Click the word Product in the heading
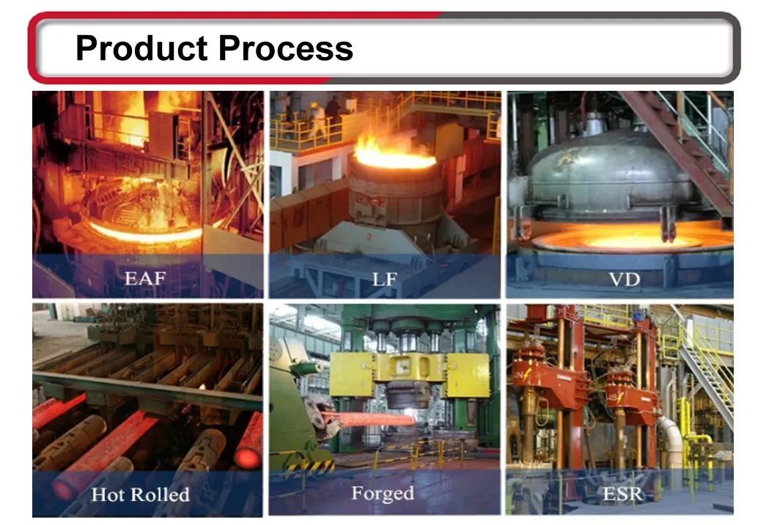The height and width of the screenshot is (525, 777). (x=141, y=48)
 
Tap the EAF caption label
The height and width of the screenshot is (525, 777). (x=144, y=278)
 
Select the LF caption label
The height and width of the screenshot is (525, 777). (x=385, y=279)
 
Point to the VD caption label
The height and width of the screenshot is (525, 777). (x=625, y=280)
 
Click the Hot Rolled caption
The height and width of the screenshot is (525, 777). (x=140, y=494)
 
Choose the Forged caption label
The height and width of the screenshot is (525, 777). (x=383, y=494)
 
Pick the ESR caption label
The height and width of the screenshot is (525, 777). (x=622, y=494)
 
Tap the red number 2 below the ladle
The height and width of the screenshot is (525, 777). (x=369, y=237)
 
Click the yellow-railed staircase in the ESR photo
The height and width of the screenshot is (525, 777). (x=706, y=376)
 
